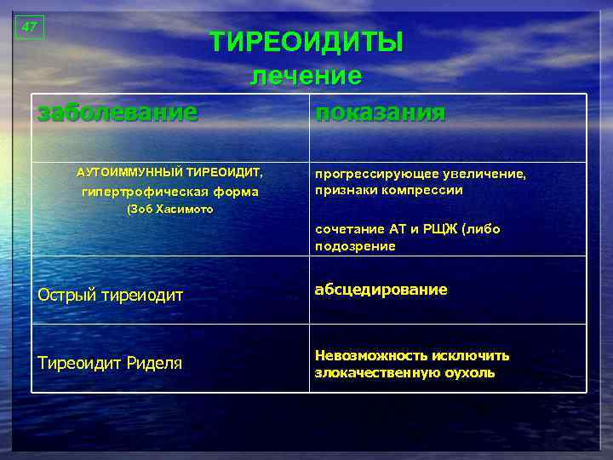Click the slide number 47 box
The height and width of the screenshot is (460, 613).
(x=29, y=27)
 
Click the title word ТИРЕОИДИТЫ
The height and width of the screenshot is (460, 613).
(x=306, y=42)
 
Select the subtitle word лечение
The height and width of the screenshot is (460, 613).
(x=306, y=76)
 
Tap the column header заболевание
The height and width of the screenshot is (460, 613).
(x=117, y=112)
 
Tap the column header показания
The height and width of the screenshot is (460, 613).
(x=380, y=112)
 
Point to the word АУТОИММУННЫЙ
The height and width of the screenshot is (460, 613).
(x=129, y=173)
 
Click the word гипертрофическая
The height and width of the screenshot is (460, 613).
(x=141, y=192)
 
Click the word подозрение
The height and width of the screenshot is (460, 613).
(x=355, y=246)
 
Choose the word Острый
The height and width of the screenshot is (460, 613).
(x=66, y=296)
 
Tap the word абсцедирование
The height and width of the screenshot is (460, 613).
(x=381, y=290)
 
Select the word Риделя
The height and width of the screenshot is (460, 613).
(x=155, y=364)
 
